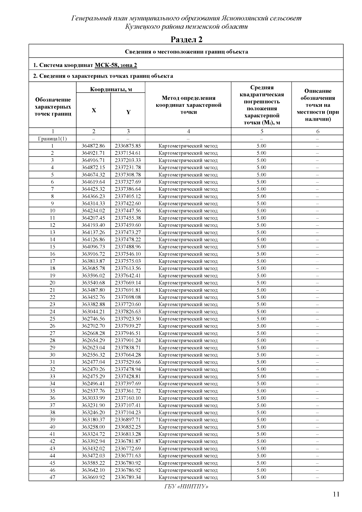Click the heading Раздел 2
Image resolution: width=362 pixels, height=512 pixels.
coord(186,39)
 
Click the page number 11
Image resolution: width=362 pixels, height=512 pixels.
coord(336,494)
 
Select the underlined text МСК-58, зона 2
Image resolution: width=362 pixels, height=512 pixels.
coord(116,65)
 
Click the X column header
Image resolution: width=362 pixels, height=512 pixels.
coord(94,110)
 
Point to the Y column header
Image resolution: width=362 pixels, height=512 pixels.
coord(128,112)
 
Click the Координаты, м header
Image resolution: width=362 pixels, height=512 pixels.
coord(111,89)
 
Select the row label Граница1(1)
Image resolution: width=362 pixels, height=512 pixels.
coord(52,139)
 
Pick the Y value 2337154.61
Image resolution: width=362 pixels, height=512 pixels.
coord(128,153)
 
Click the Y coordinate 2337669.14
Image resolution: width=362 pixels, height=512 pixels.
coord(128,283)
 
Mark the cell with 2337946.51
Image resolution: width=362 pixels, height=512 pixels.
coord(128,333)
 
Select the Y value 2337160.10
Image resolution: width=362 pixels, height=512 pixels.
coord(128,398)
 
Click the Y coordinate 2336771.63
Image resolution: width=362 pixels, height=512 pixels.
coord(128,456)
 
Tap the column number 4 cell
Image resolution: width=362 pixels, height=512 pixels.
coord(188,131)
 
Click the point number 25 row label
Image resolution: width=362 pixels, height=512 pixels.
coord(52,319)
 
